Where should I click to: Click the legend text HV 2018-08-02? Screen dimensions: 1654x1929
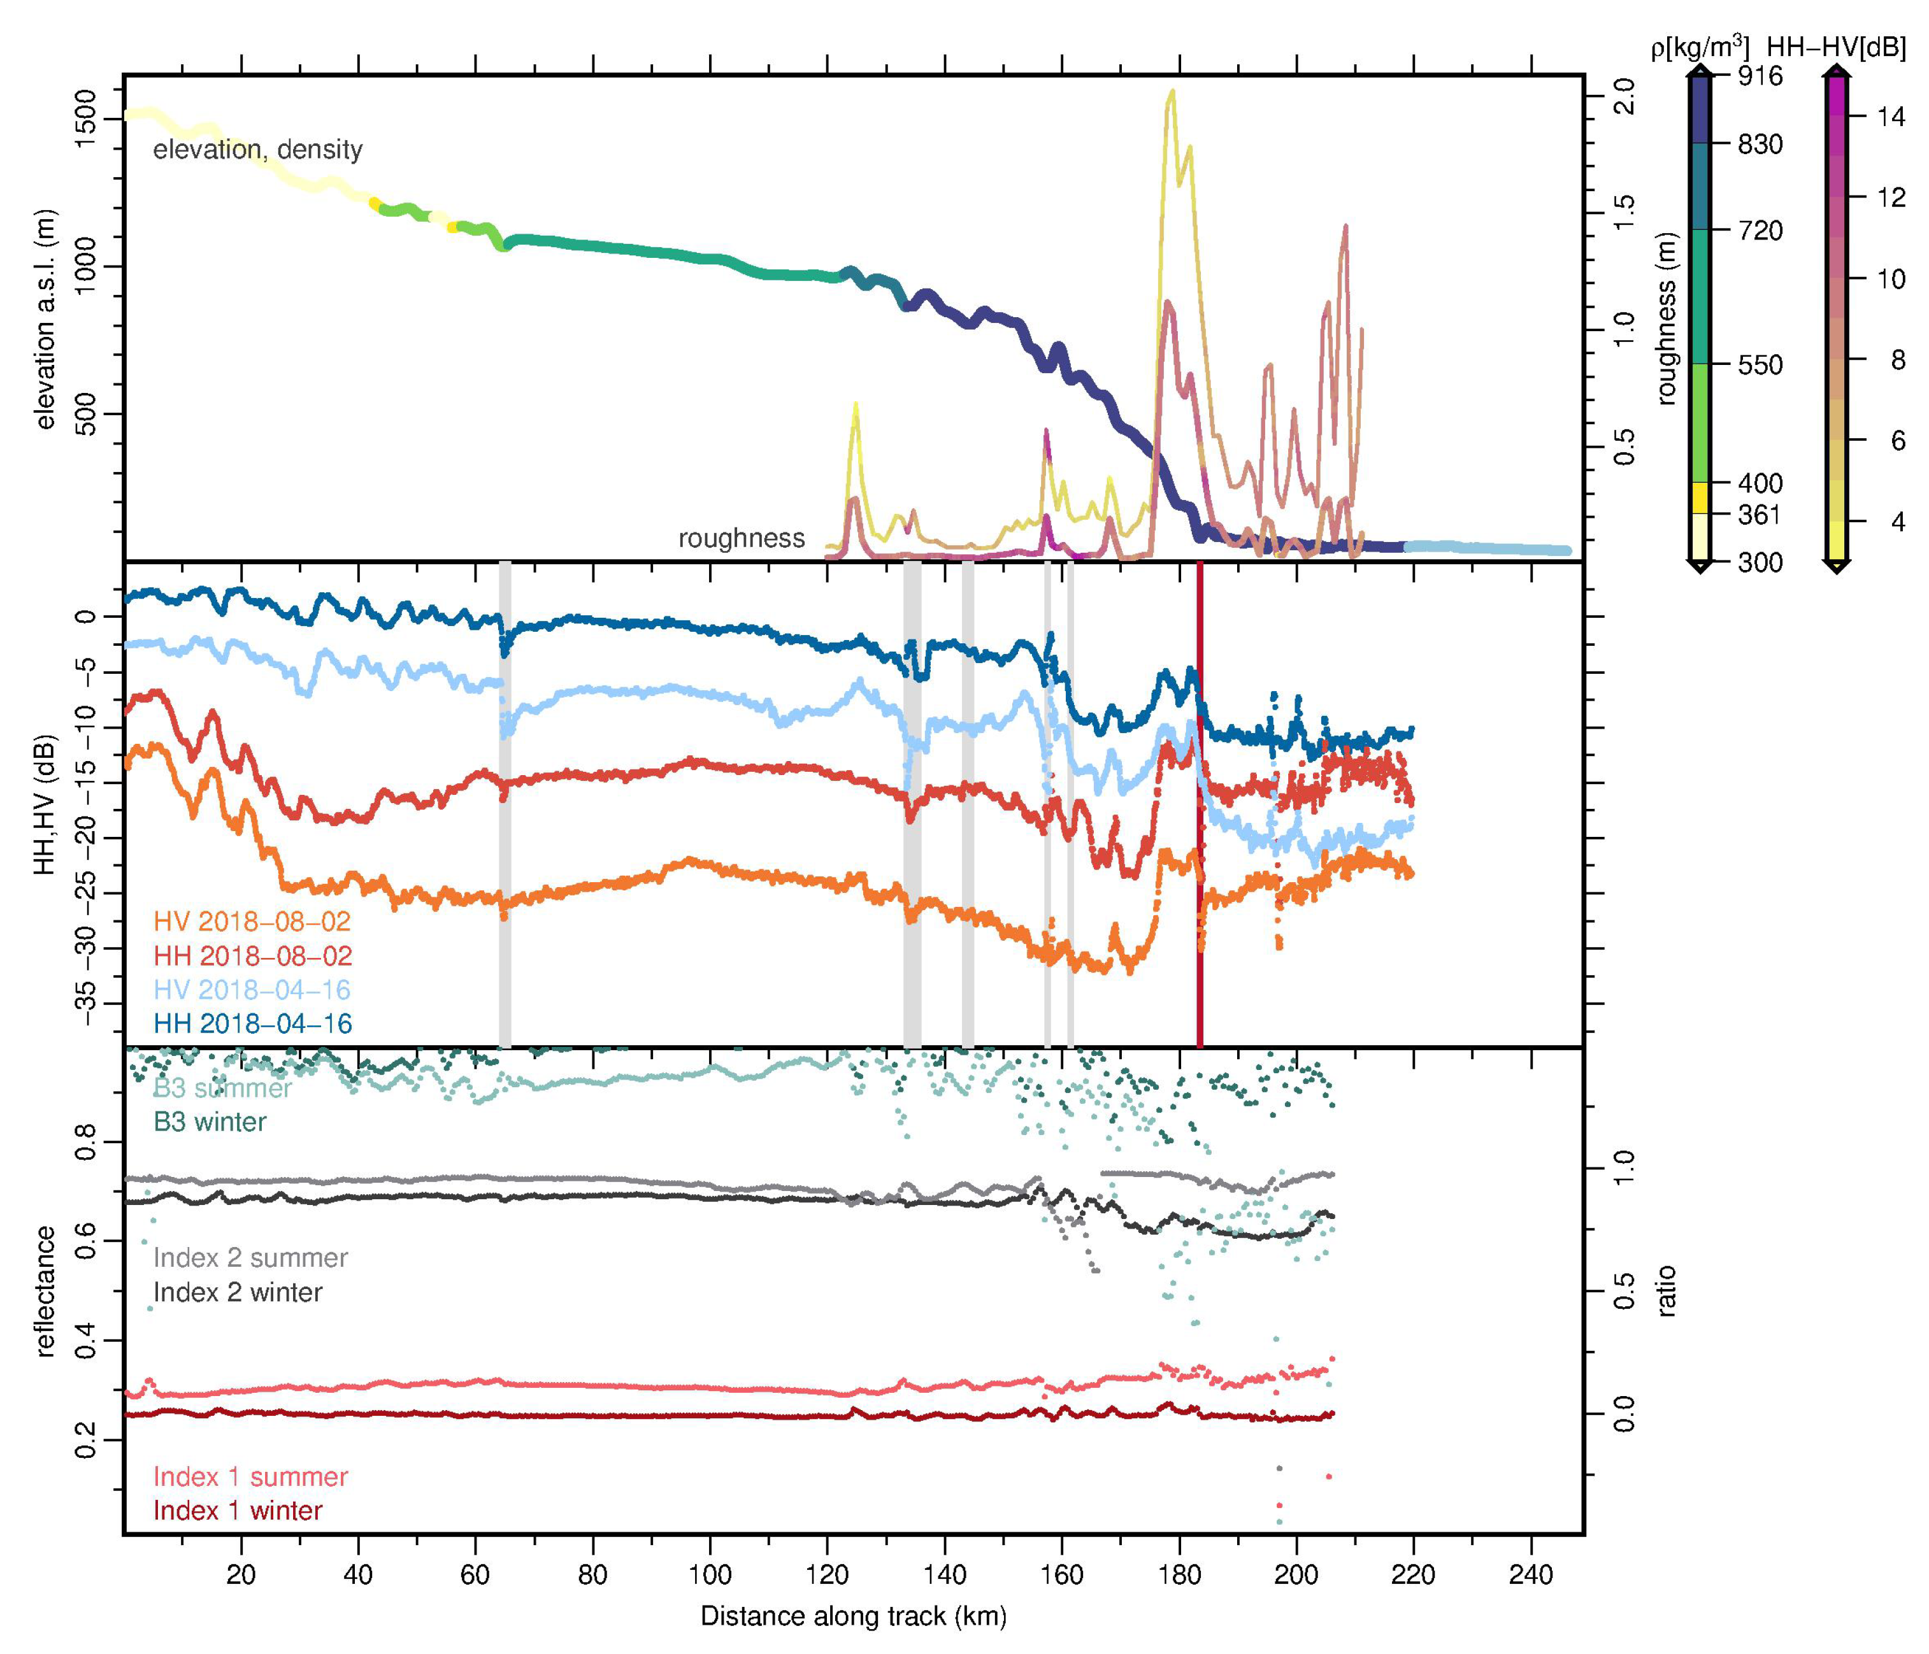click(252, 922)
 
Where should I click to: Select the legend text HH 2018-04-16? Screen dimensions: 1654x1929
click(252, 1024)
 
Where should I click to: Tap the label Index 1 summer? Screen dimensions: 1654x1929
click(250, 1476)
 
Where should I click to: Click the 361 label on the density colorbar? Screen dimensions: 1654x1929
click(1760, 514)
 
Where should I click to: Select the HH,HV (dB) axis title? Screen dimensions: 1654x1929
click(45, 804)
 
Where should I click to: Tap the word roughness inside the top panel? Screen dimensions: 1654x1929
click(741, 538)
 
